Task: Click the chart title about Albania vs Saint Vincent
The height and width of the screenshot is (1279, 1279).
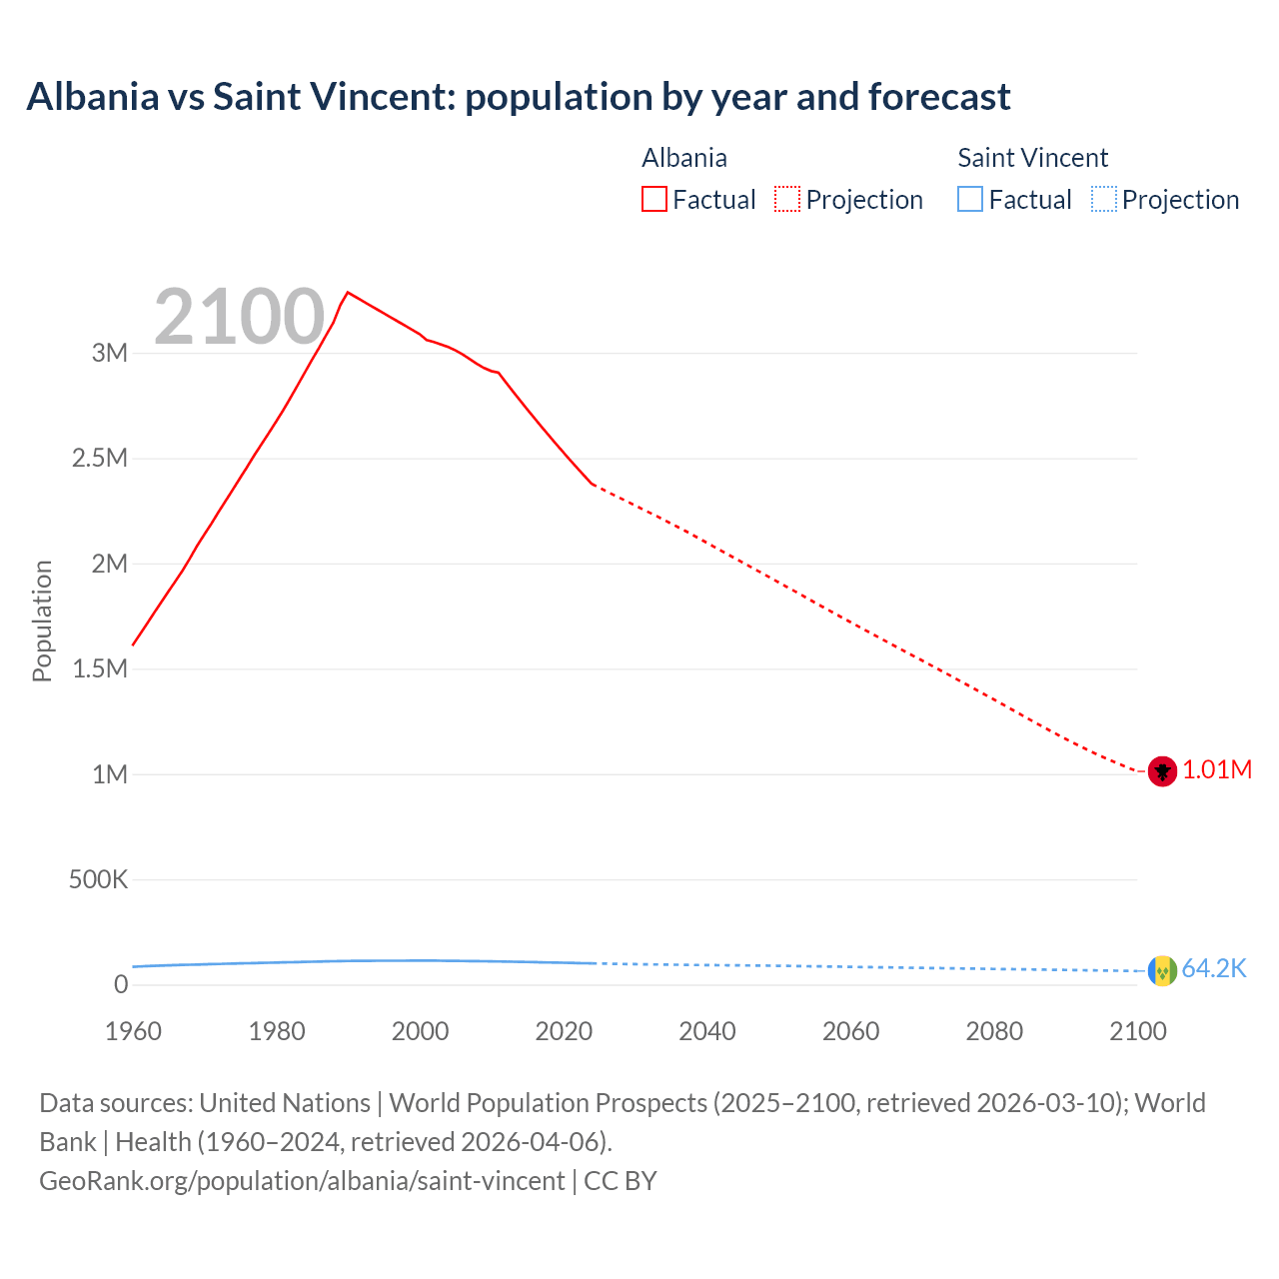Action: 519,97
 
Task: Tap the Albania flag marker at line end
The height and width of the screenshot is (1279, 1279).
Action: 1161,771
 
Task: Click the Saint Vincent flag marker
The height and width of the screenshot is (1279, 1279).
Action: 1161,970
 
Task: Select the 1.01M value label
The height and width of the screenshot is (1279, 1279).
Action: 1217,770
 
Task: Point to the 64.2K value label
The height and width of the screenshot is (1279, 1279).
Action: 1214,969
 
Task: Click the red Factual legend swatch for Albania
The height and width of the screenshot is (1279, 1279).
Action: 654,200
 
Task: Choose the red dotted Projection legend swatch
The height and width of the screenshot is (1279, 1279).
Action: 787,200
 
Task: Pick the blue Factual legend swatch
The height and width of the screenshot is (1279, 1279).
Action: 970,200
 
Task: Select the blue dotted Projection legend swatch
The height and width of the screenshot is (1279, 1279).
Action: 1103,200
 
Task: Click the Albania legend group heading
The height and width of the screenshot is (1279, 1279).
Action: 684,158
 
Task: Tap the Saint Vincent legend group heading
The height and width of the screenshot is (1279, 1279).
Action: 1032,158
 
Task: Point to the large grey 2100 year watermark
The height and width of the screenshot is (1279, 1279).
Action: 240,317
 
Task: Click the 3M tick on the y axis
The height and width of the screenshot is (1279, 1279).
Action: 110,353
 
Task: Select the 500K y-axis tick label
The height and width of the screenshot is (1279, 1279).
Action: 98,880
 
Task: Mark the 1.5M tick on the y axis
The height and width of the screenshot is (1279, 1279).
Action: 100,669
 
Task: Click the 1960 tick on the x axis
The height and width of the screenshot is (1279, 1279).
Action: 133,1031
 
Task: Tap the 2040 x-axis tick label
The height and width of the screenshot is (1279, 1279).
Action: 707,1031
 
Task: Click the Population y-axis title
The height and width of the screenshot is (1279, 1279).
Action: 42,621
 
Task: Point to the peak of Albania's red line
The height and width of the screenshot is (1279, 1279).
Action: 347,293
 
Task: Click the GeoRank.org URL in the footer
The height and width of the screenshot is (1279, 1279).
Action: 302,1181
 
